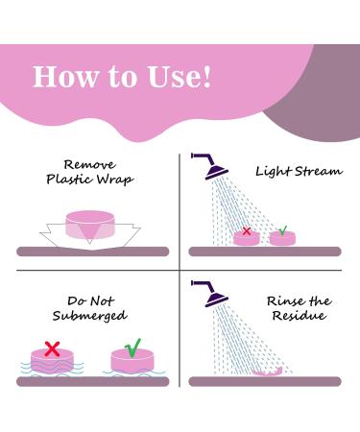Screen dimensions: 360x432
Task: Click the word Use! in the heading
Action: (x=180, y=77)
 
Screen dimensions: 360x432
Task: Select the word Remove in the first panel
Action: (x=89, y=165)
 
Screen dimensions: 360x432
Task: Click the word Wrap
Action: (x=115, y=180)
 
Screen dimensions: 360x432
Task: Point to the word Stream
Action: (x=318, y=172)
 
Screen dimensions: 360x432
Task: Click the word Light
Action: (x=274, y=172)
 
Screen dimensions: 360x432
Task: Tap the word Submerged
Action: (x=90, y=316)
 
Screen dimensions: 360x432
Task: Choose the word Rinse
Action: (x=285, y=301)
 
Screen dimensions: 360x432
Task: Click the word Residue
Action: (x=300, y=316)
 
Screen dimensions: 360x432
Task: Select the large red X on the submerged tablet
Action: (x=52, y=349)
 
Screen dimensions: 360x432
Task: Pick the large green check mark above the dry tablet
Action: (x=133, y=348)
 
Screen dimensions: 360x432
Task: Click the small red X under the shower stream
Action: (x=247, y=231)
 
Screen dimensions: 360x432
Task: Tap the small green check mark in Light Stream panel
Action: (x=283, y=230)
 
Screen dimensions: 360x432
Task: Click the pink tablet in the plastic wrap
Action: (x=90, y=225)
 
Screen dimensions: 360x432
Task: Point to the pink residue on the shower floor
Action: (x=267, y=372)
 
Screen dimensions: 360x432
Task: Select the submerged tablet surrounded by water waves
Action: (x=52, y=362)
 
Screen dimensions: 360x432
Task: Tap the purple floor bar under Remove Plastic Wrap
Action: (x=93, y=252)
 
